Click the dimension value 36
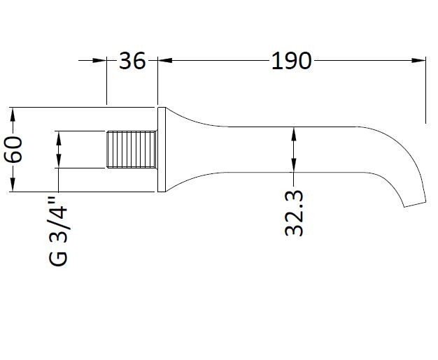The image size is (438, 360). [132, 61]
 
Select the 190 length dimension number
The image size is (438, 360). [291, 61]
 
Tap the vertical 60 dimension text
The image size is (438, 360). [13, 150]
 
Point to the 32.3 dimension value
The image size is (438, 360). [294, 213]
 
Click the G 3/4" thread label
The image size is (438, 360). [58, 231]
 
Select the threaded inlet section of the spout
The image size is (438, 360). [132, 150]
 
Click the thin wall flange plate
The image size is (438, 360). [162, 150]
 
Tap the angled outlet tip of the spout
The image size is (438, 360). [415, 204]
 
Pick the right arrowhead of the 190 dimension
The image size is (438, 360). [418, 60]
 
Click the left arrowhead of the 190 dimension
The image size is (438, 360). [165, 60]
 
